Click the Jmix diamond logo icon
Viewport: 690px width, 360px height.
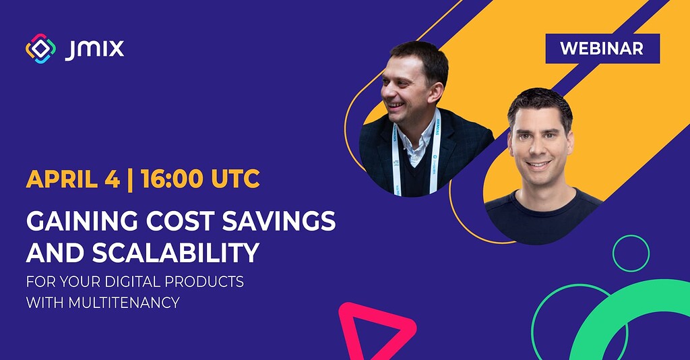[41, 49]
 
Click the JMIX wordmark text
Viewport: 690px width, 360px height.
[94, 49]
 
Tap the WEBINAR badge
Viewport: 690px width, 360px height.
[602, 49]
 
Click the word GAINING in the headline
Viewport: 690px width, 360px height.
[74, 221]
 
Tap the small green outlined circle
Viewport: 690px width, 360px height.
[631, 253]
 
